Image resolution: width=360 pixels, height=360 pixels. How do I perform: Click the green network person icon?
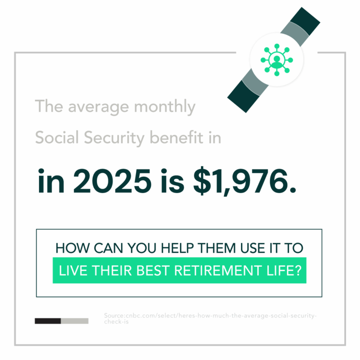pos(277,60)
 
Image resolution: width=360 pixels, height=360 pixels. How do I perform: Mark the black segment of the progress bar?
pos(48,321)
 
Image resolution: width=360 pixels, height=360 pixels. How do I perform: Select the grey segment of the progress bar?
pos(75,321)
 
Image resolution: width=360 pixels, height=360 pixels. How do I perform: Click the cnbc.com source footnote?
pos(210,319)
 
